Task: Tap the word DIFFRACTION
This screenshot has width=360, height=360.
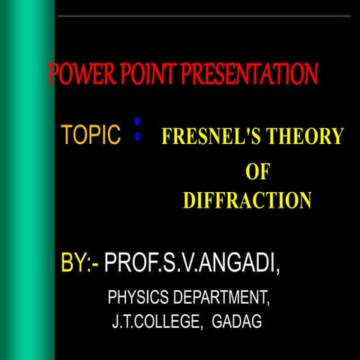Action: point(247,201)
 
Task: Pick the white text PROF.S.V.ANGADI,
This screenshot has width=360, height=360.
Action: point(196,263)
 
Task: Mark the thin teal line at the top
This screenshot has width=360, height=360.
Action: point(202,16)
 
